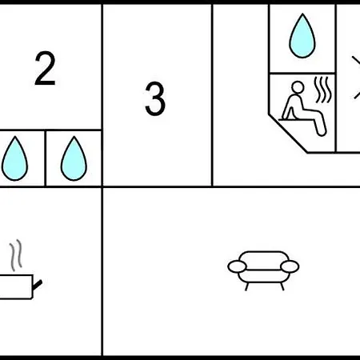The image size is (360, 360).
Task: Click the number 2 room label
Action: click(45, 68)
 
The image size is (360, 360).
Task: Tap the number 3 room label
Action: click(155, 98)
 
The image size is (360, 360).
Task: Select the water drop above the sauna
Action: click(302, 35)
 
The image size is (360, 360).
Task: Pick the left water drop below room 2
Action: click(14, 158)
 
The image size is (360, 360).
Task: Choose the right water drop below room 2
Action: click(74, 158)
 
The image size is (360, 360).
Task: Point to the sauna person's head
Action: click(298, 87)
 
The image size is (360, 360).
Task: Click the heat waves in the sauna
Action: click(323, 90)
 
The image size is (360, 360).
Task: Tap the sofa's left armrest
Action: click(237, 266)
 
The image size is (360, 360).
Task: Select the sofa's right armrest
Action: click(290, 266)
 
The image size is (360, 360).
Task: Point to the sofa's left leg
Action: click(247, 286)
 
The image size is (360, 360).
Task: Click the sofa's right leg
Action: click(282, 286)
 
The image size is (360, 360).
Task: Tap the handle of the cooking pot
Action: click(38, 285)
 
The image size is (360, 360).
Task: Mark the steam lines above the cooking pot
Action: click(16, 255)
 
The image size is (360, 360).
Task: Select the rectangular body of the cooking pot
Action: click(16, 287)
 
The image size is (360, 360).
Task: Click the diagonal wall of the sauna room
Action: click(288, 134)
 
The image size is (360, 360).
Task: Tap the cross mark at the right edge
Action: click(357, 78)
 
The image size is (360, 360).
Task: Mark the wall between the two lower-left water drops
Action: click(45, 158)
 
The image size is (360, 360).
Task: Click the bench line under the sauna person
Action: click(295, 120)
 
